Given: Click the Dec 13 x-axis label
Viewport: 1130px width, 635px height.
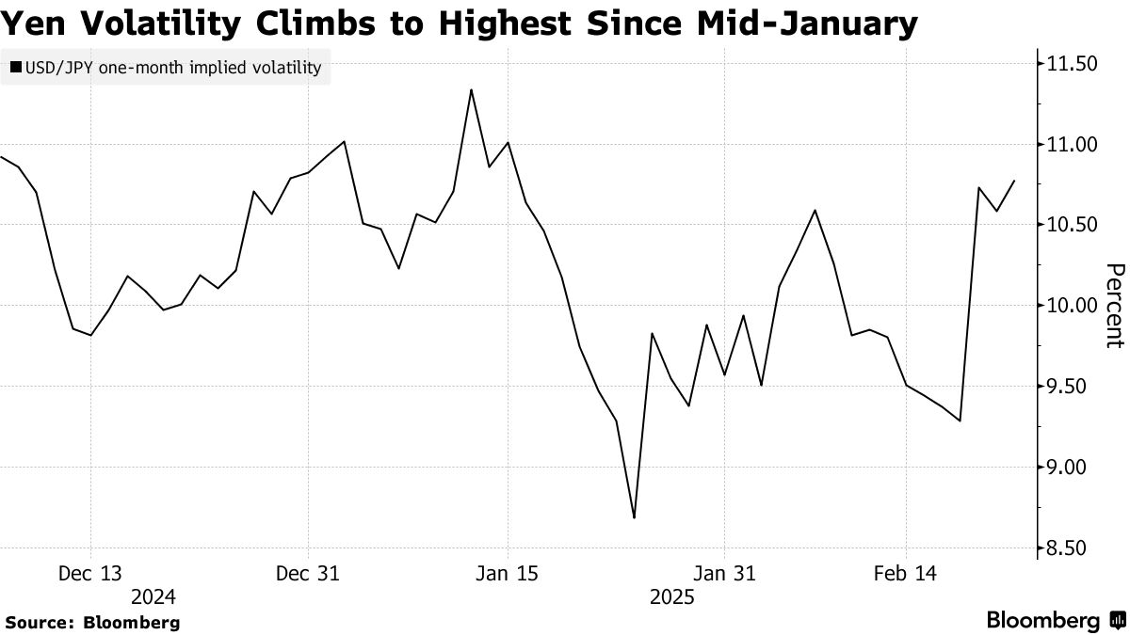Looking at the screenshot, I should coord(90,573).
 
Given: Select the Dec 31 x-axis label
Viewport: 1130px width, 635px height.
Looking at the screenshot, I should coord(308,573).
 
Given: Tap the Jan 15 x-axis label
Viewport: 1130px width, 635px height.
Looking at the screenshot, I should coord(508,573).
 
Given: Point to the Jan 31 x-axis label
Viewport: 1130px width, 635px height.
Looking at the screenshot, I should coord(724,573).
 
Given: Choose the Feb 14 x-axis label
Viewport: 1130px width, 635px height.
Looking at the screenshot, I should coord(906,573).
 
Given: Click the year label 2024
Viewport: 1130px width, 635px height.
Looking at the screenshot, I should coord(153,596).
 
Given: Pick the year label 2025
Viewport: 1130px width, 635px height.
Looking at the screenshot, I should coord(671,596).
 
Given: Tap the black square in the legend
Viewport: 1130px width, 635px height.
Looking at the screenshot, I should coord(16,68).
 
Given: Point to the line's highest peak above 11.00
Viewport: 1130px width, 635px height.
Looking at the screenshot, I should coord(471,90).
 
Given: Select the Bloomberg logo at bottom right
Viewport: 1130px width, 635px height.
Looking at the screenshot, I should coord(1054,621).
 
